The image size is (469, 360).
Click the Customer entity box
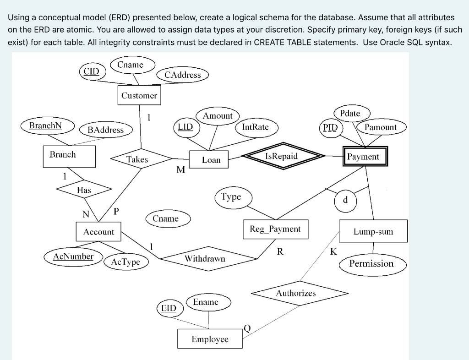139,95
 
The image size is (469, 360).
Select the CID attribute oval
92,72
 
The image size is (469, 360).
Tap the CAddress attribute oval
183,75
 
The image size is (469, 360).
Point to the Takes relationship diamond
137,159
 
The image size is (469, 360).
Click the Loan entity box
211,160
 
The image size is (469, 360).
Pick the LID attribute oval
185,126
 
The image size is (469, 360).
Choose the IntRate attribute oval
255,127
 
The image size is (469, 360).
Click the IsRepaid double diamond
282,156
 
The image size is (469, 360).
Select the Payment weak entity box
363,157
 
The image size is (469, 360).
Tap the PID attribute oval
330,127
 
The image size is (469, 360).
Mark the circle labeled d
345,200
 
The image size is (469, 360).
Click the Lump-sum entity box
373,232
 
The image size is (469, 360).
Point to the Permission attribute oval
371,263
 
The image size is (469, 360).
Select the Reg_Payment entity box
275,229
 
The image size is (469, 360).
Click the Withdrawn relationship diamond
205,259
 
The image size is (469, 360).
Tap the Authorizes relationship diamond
296,293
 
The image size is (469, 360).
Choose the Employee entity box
210,339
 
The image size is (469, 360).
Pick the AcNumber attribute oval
73,256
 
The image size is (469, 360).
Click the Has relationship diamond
84,190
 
